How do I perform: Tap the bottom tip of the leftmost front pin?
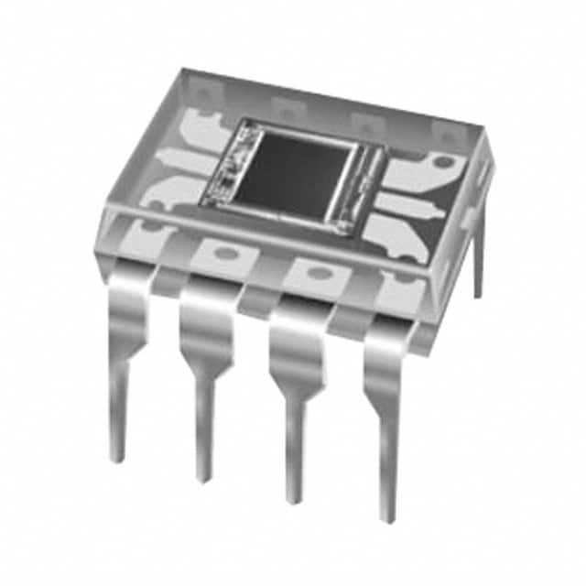115,456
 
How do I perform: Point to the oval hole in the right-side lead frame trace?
443,163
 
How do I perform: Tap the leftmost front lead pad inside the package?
146,236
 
